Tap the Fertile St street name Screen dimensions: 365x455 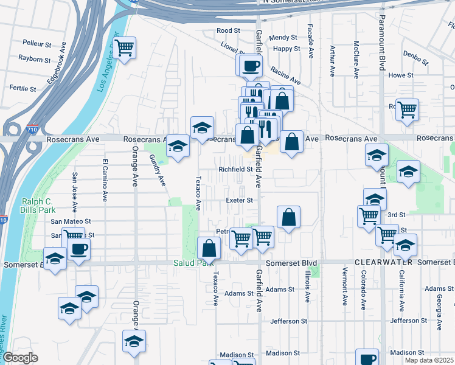(23, 89)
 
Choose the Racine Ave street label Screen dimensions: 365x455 (286, 75)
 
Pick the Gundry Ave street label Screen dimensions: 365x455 (158, 169)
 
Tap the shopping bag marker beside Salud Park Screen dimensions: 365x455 (209, 248)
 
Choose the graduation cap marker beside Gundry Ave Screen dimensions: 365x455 (178, 146)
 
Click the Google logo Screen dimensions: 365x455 (20, 358)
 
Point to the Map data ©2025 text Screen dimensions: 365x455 (429, 360)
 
